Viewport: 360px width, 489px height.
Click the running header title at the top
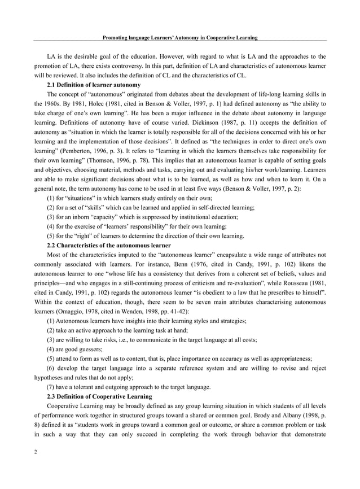(x=180, y=38)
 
